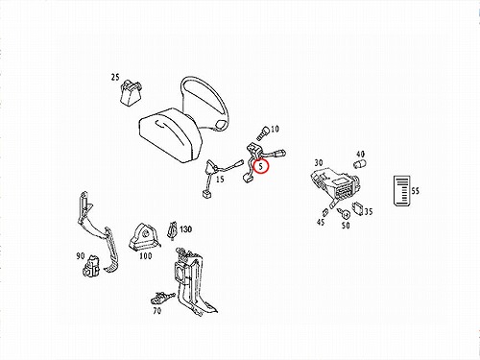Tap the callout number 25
(x=115, y=77)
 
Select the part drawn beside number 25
(x=131, y=92)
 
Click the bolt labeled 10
(x=262, y=132)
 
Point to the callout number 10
(x=275, y=129)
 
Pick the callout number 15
(x=220, y=179)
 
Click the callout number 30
(x=319, y=163)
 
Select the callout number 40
(x=360, y=154)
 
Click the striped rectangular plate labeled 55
(x=401, y=191)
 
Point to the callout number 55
(x=415, y=191)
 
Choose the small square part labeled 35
(x=358, y=208)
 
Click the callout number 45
(x=321, y=222)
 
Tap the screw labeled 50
(x=345, y=213)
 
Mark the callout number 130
(x=185, y=229)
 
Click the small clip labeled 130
(x=172, y=230)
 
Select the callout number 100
(x=146, y=256)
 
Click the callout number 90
(x=81, y=256)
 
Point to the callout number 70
(x=156, y=310)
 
